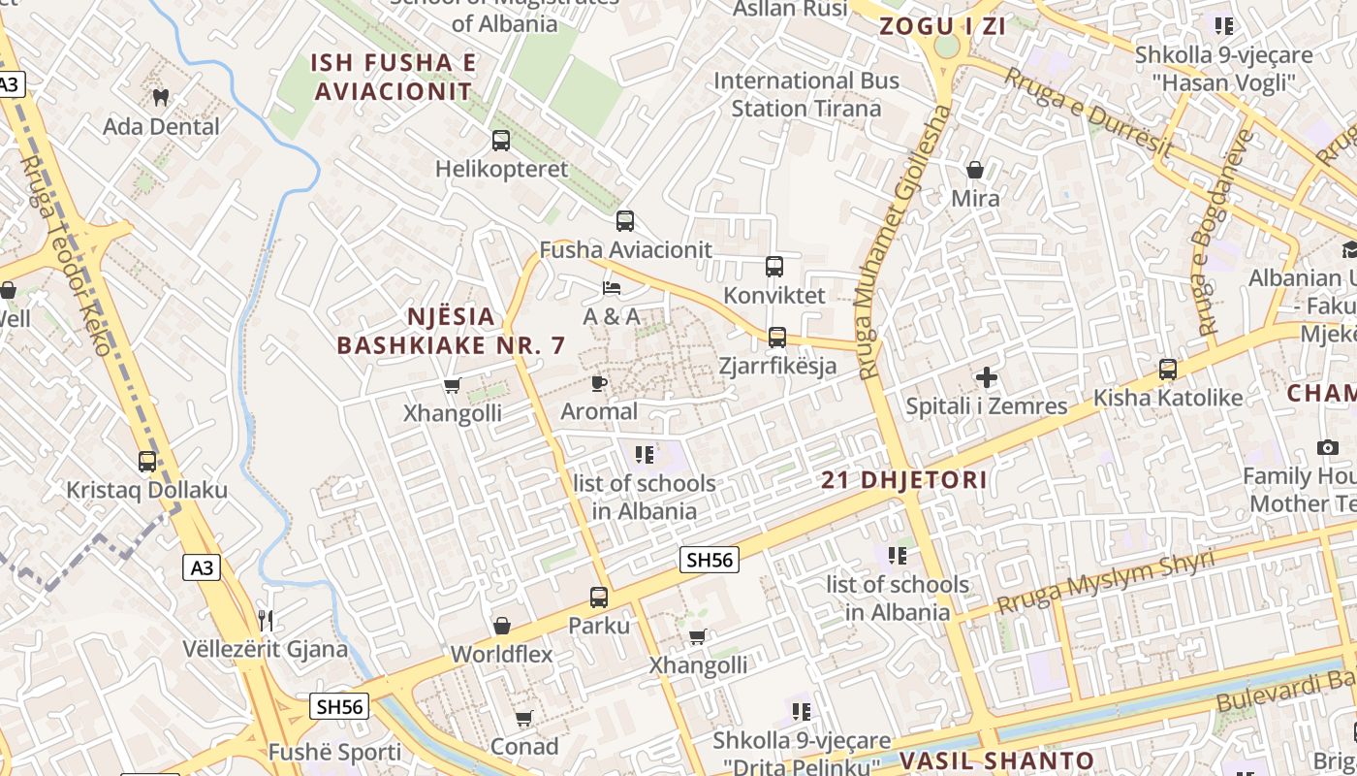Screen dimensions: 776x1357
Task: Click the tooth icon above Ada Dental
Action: pos(161,97)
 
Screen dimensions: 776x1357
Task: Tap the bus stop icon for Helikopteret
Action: pos(501,141)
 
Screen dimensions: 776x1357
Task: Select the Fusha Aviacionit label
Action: pos(625,250)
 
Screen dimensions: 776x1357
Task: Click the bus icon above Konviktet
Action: pos(773,267)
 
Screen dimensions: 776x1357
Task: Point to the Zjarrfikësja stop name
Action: pos(777,367)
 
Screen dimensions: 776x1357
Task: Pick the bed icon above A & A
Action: pos(612,288)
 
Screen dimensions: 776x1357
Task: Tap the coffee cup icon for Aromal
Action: pos(599,383)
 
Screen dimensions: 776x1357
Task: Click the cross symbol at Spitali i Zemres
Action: pos(987,377)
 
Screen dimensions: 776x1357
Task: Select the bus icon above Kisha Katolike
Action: pos(1168,370)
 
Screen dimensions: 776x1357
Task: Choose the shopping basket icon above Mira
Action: pos(975,170)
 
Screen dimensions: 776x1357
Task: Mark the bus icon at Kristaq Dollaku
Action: pos(147,462)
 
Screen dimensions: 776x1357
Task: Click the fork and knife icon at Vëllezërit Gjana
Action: pos(266,620)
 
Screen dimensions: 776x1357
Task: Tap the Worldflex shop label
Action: pos(501,655)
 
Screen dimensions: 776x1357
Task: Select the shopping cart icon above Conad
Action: pos(523,719)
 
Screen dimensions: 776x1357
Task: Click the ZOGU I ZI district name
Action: pos(942,27)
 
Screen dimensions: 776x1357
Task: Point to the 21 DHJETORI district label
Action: pos(904,480)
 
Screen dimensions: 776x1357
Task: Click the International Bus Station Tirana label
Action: pos(806,94)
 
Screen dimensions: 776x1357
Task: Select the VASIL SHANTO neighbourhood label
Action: pos(996,761)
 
